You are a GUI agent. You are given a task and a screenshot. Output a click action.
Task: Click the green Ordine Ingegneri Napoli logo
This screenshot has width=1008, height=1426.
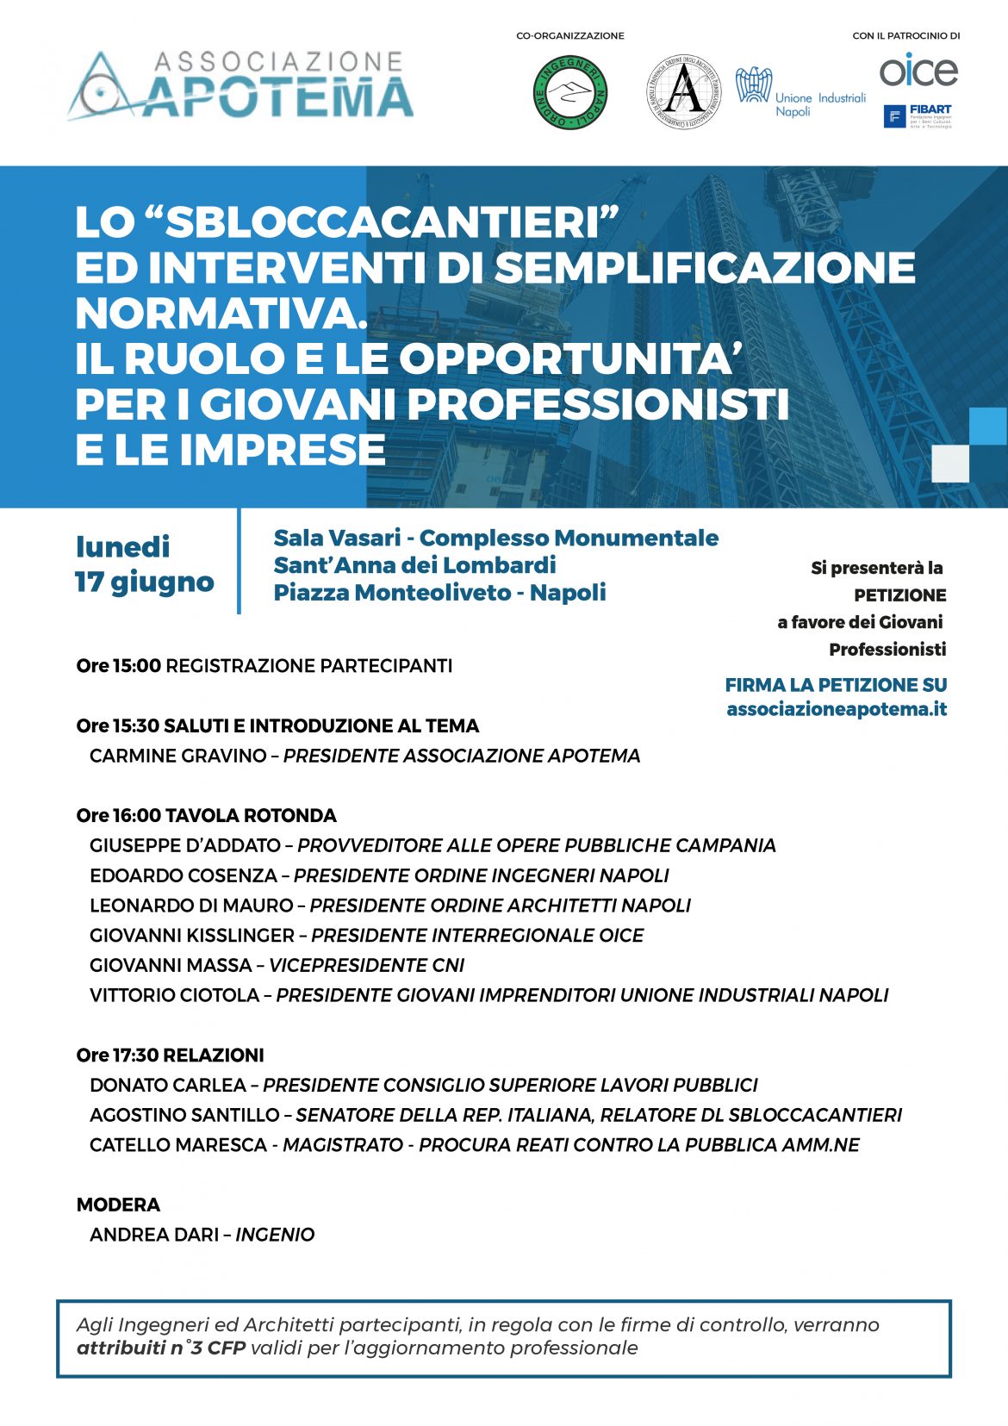pos(570,92)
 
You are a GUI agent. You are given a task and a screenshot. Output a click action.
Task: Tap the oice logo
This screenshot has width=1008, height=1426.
pos(918,70)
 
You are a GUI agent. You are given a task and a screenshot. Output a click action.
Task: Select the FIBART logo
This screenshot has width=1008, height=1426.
pos(918,116)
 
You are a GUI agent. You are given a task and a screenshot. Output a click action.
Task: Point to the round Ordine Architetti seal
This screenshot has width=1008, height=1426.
pos(684,92)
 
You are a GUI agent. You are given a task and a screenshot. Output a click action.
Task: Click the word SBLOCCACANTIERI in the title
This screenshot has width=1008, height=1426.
pos(392,222)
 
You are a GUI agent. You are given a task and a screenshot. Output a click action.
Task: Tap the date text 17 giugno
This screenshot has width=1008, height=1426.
pos(144,582)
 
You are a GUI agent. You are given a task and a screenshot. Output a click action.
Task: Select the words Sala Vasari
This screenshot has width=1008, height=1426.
pos(337,538)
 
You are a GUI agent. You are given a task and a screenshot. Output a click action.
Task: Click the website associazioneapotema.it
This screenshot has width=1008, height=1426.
pos(836,709)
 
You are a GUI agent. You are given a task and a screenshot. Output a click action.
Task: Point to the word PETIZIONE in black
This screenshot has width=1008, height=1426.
pos(899,595)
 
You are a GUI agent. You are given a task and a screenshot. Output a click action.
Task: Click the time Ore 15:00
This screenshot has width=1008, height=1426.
pos(118,666)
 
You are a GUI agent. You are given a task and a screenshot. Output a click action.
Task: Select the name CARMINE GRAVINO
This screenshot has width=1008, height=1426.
pos(177,756)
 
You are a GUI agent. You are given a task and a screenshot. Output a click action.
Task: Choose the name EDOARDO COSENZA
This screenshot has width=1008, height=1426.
pos(183,875)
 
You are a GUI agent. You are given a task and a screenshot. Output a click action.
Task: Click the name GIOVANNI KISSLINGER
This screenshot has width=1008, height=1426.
pos(191,935)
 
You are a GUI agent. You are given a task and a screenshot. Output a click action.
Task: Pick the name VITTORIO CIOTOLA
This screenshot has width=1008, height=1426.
pos(174,995)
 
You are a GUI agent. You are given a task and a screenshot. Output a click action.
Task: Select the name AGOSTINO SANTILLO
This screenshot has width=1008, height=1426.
pos(184,1115)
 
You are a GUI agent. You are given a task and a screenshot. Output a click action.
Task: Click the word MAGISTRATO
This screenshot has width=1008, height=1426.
pos(343,1145)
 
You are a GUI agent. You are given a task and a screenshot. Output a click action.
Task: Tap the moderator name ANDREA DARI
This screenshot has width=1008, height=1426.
pos(153,1235)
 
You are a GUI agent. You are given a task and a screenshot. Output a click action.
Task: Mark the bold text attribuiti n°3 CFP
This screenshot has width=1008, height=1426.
pos(161,1348)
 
